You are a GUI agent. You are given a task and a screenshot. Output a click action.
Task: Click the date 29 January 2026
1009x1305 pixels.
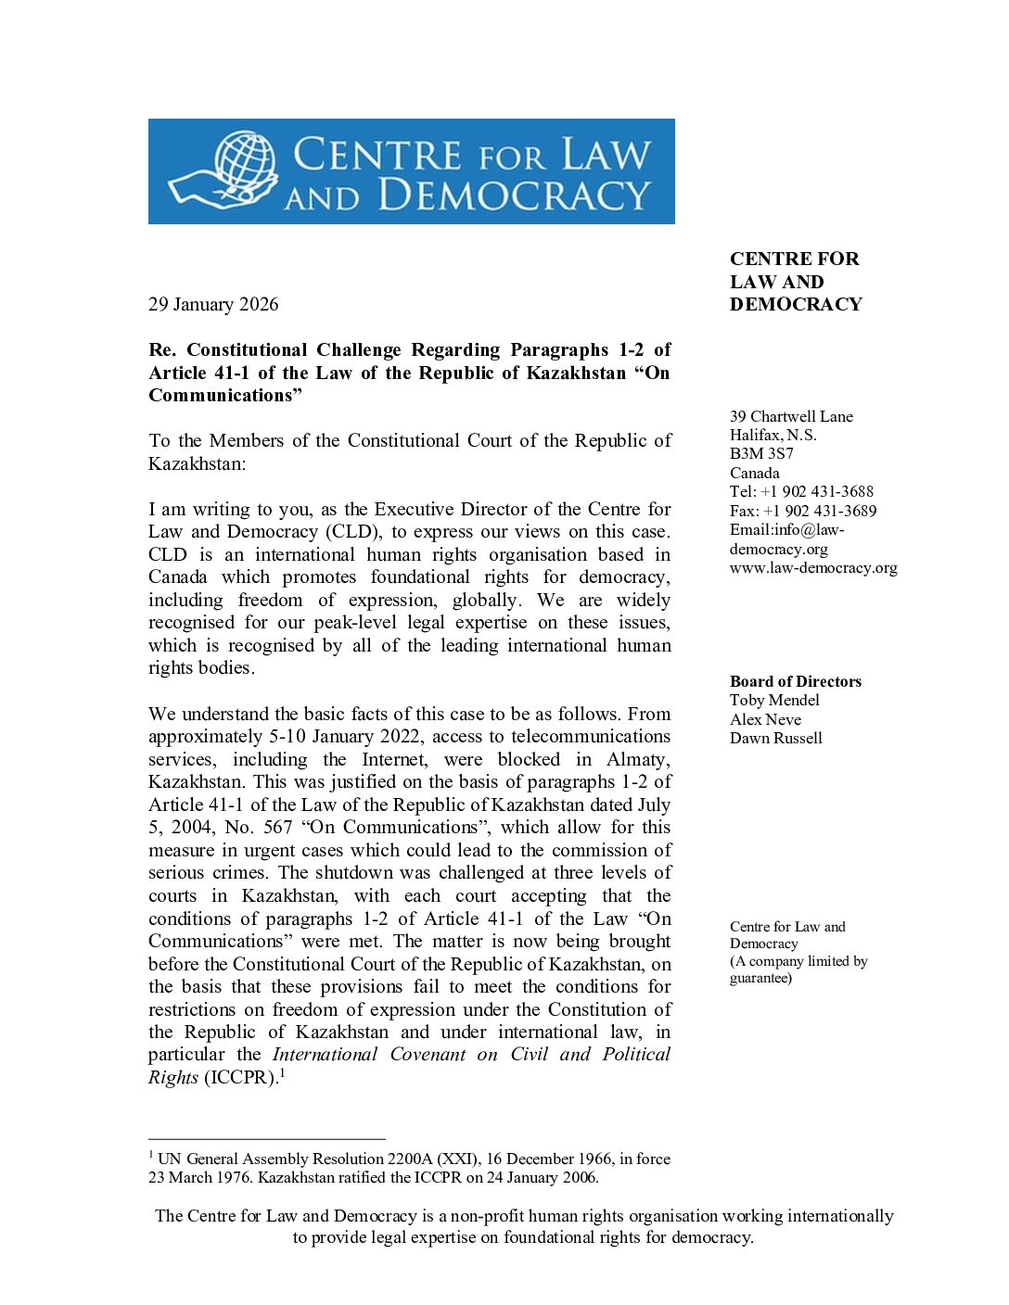tap(213, 305)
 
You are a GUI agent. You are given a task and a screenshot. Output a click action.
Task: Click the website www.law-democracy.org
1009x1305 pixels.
tap(813, 568)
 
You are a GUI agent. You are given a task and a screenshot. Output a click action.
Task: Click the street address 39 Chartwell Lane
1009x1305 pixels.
tap(791, 417)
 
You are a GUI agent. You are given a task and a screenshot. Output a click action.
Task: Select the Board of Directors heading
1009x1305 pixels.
tap(795, 682)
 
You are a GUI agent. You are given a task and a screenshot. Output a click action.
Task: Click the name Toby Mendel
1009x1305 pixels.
tap(774, 701)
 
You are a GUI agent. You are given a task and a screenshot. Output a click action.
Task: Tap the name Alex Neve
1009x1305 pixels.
tap(765, 720)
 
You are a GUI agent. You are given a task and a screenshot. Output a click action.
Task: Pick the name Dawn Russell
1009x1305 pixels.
tap(775, 739)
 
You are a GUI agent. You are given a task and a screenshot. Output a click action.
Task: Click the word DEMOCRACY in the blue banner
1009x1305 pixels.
tap(514, 196)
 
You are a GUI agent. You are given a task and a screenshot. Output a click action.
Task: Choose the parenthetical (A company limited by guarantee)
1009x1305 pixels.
tap(798, 969)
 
